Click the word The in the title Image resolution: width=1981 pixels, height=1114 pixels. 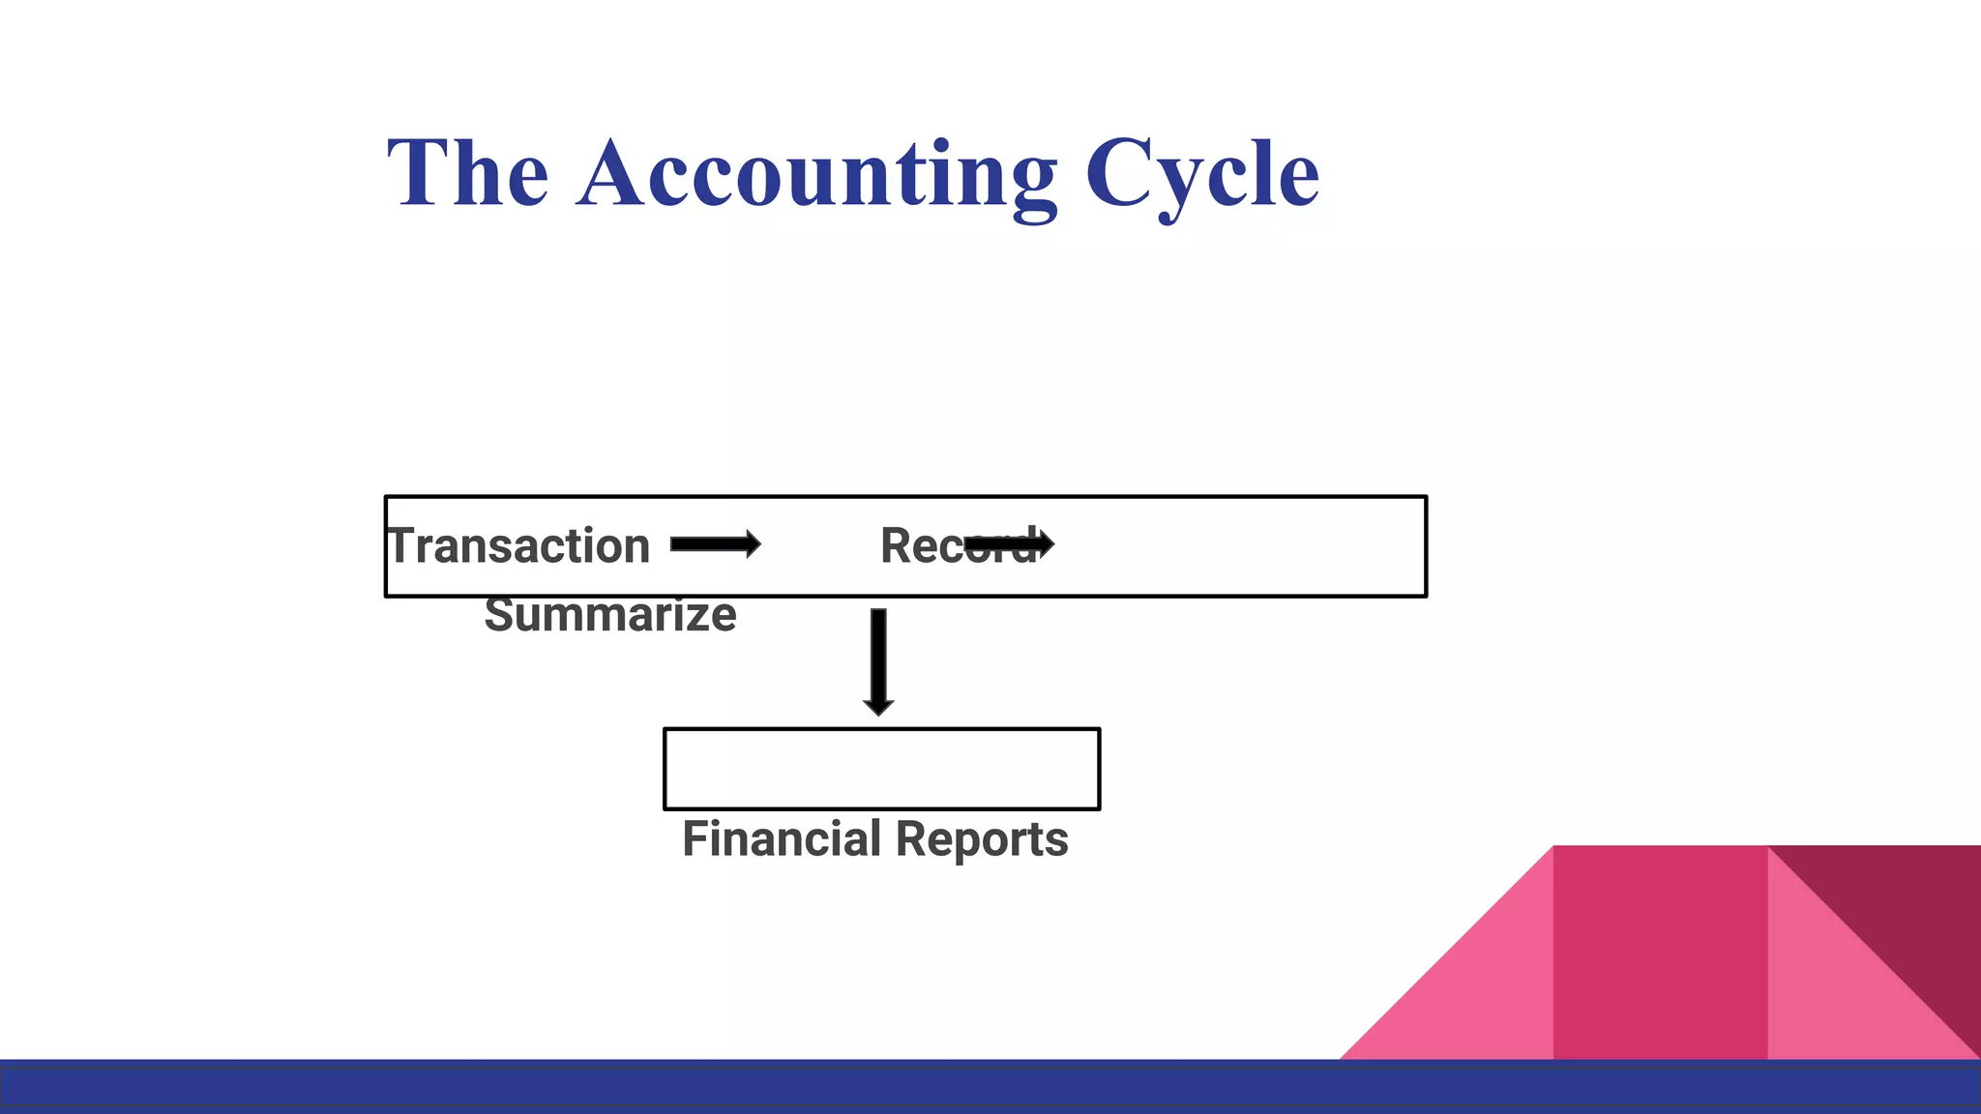(x=468, y=174)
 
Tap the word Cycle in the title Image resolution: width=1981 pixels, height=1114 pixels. (x=1202, y=174)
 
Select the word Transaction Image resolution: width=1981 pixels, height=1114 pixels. (x=519, y=546)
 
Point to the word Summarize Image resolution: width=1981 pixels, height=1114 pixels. (x=610, y=615)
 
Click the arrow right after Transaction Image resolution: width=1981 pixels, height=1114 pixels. (x=716, y=545)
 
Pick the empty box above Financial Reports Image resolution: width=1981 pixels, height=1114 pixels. (x=881, y=769)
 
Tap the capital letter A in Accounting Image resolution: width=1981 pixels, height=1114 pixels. (x=615, y=174)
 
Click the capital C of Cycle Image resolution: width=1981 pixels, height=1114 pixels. (x=1119, y=174)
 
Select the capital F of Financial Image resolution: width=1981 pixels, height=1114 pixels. (x=696, y=838)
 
